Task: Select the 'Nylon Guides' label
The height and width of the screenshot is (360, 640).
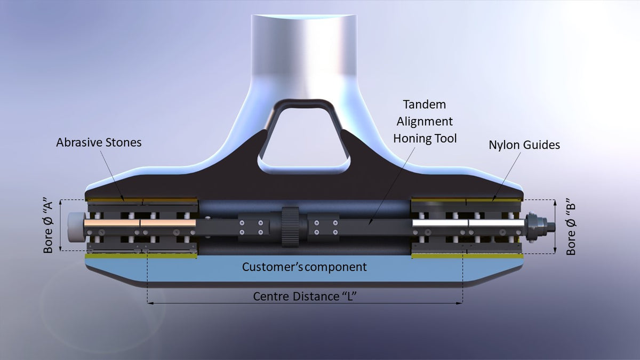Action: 524,145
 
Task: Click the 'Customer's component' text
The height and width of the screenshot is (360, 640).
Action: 305,267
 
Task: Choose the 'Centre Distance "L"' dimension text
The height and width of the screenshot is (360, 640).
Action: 305,297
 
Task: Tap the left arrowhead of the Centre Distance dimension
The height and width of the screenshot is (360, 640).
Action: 149,303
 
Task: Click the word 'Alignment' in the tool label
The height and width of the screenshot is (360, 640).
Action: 425,121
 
